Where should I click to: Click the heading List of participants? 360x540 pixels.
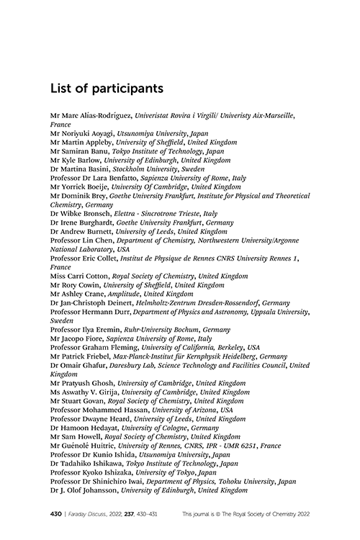tap(107, 89)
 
